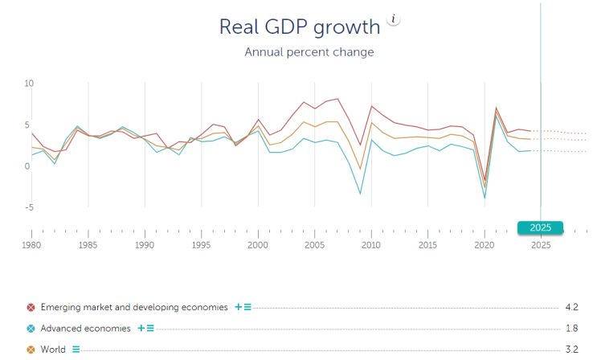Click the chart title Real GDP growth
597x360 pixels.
[x=299, y=26]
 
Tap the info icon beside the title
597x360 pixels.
[x=393, y=19]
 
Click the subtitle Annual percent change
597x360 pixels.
[x=309, y=52]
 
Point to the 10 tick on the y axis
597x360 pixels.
[x=29, y=84]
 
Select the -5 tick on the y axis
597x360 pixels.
[x=28, y=207]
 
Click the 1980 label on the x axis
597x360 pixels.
[x=31, y=244]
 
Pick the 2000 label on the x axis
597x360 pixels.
[x=258, y=244]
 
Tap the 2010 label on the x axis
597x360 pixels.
[x=371, y=244]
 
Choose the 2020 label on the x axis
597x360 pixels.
[x=485, y=244]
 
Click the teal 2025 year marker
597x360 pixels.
[x=540, y=227]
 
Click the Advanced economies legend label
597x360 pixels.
[x=86, y=328]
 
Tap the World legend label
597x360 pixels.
[x=53, y=350]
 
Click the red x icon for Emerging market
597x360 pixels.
[x=31, y=307]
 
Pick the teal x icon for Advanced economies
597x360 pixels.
[x=31, y=328]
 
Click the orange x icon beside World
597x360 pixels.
[x=31, y=350]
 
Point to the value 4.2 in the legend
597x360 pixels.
[x=572, y=307]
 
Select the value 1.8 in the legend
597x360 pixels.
[x=572, y=328]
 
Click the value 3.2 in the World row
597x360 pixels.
[x=572, y=350]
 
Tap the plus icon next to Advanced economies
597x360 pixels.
[x=141, y=328]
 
